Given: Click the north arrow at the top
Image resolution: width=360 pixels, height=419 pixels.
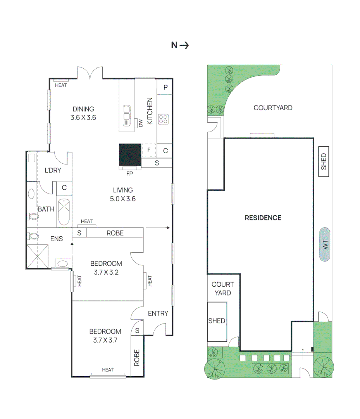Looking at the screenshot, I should (180, 45).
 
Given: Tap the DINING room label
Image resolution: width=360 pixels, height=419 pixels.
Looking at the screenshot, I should (83, 109).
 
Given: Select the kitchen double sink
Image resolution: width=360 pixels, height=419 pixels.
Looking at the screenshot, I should (126, 115).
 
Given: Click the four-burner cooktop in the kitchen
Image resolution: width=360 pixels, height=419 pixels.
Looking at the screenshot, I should (163, 119).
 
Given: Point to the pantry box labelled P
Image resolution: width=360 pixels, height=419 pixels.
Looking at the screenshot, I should (165, 88).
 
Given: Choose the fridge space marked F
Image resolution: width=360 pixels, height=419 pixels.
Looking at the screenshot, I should (148, 150).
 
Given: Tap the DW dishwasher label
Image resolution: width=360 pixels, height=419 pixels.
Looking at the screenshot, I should (141, 123).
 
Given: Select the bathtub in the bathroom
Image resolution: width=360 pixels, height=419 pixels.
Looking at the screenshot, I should (64, 212).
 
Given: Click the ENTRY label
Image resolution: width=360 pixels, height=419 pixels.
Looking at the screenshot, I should (158, 313).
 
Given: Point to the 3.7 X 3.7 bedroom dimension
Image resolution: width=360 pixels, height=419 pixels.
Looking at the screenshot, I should (105, 340).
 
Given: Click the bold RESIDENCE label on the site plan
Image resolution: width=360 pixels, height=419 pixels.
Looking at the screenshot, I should (263, 218).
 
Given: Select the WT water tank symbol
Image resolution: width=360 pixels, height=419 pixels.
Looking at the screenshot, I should (325, 244).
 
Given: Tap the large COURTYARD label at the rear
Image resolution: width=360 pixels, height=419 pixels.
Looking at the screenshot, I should (273, 108).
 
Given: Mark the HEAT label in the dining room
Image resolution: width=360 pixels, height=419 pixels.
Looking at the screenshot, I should (61, 85).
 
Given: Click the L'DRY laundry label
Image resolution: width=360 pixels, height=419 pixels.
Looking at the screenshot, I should (53, 170).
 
